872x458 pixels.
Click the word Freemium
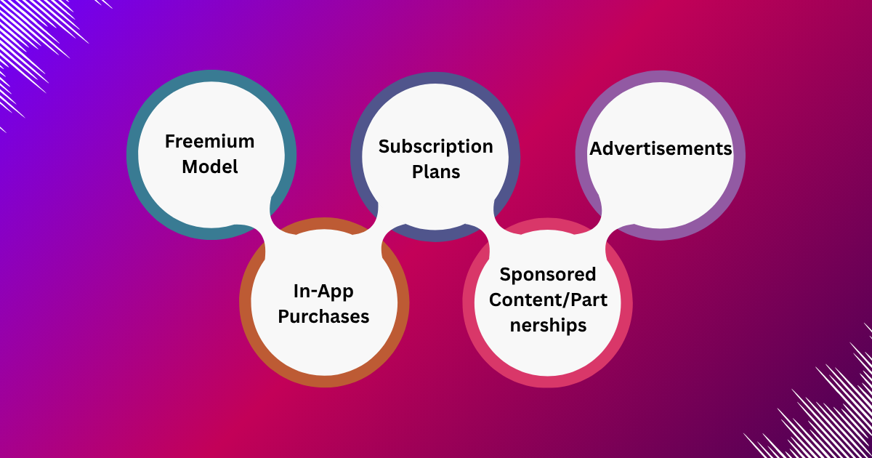click(210, 140)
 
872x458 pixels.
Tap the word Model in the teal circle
click(210, 166)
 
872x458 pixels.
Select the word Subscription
click(435, 146)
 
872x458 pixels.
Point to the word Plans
click(436, 172)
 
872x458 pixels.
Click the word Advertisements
click(661, 148)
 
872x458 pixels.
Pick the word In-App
click(323, 292)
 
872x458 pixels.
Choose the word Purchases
click(323, 317)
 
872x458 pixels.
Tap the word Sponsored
click(548, 274)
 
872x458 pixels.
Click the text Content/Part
click(548, 300)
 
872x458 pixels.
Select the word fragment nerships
click(548, 325)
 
